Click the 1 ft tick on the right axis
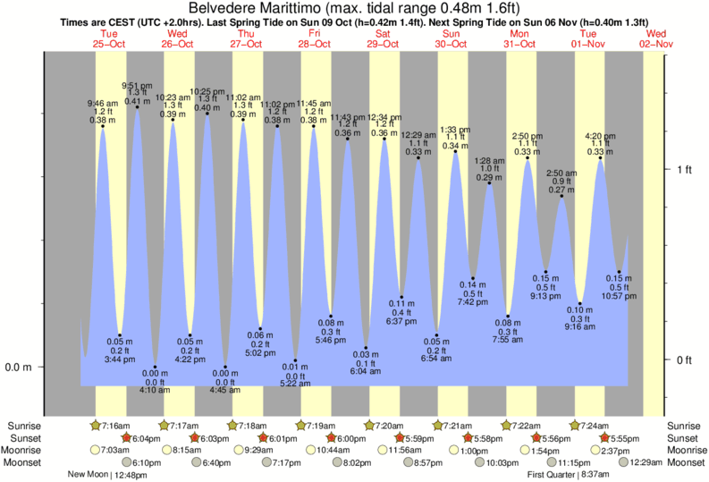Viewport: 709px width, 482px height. [684, 169]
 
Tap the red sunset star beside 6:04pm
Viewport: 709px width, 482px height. [127, 438]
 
